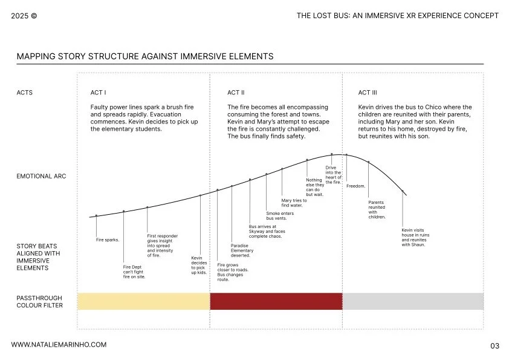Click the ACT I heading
point(98,93)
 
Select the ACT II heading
point(236,93)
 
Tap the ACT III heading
point(368,93)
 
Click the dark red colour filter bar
point(276,301)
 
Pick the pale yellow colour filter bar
point(143,301)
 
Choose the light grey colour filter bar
point(413,301)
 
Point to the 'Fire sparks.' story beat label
point(108,240)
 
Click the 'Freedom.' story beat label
point(355,186)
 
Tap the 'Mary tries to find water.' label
point(294,203)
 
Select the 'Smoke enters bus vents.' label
point(280,215)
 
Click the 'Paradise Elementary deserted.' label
point(242,250)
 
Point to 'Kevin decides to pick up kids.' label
point(199,265)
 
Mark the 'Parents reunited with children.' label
point(377,209)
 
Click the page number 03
point(494,346)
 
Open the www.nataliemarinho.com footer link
point(59,344)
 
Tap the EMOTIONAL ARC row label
point(42,177)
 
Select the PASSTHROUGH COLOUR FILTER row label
point(39,302)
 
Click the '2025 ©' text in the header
point(24,16)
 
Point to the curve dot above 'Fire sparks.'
point(96,215)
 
